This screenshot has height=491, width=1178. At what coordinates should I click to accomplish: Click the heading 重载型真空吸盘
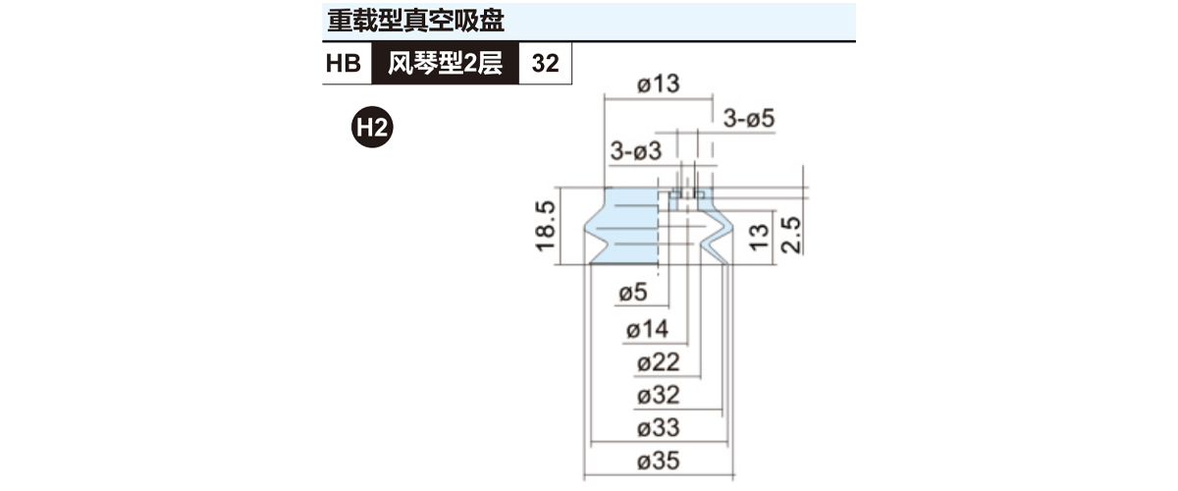pyautogui.click(x=415, y=21)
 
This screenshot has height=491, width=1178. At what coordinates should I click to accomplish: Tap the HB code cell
pyautogui.click(x=344, y=63)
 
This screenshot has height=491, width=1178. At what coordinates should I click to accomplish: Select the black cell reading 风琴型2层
pyautogui.click(x=445, y=63)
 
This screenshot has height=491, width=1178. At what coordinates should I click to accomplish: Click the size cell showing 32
pyautogui.click(x=546, y=63)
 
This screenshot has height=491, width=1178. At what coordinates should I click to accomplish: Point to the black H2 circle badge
pyautogui.click(x=372, y=127)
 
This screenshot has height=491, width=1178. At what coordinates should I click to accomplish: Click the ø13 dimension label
pyautogui.click(x=659, y=83)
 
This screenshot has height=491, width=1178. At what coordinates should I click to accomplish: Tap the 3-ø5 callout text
pyautogui.click(x=749, y=119)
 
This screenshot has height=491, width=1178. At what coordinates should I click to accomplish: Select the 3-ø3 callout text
pyautogui.click(x=636, y=151)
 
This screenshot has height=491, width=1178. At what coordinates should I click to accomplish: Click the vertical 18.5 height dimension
pyautogui.click(x=545, y=226)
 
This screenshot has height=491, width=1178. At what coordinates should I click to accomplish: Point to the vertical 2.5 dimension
pyautogui.click(x=791, y=236)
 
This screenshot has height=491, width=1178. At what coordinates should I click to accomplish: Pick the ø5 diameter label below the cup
pyautogui.click(x=633, y=292)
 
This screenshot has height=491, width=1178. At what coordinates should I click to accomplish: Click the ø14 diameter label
pyautogui.click(x=647, y=330)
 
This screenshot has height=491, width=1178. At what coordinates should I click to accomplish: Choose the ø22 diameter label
pyautogui.click(x=659, y=362)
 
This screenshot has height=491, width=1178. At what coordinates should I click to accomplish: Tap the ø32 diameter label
pyautogui.click(x=659, y=395)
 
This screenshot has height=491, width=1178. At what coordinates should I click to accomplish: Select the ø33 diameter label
pyautogui.click(x=659, y=428)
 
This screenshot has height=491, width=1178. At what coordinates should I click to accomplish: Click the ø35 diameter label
pyautogui.click(x=659, y=461)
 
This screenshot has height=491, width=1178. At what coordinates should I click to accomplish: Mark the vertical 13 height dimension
pyautogui.click(x=758, y=238)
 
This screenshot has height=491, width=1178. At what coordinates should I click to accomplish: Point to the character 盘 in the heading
pyautogui.click(x=492, y=21)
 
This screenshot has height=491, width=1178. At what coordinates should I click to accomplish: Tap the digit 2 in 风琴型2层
pyautogui.click(x=469, y=64)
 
